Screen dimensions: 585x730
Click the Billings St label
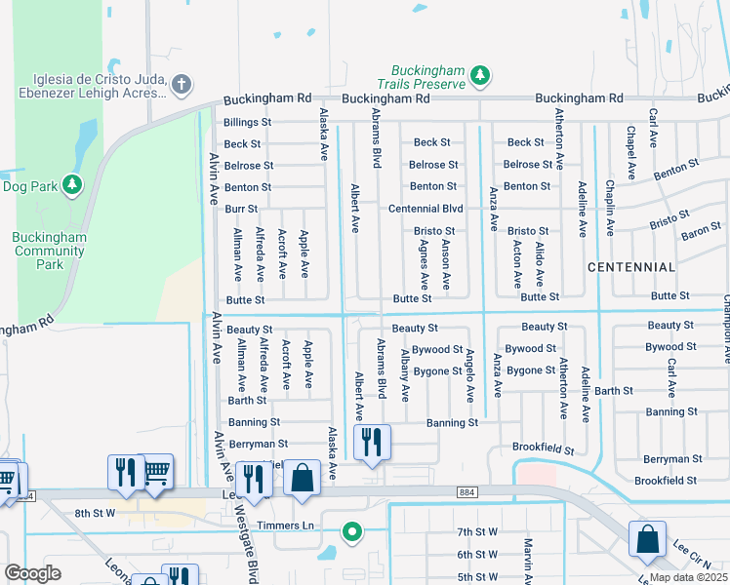(247, 122)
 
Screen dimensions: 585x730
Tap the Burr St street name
(241, 209)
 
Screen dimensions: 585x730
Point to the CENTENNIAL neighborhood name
(631, 266)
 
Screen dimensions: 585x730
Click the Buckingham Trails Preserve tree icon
(479, 74)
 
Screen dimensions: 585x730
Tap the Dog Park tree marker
(71, 184)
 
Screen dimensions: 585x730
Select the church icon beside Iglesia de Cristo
(180, 85)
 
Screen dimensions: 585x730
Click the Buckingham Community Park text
(50, 251)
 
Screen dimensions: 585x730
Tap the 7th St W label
(478, 531)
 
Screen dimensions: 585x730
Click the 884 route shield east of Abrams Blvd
(464, 494)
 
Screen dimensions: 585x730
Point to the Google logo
(33, 573)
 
